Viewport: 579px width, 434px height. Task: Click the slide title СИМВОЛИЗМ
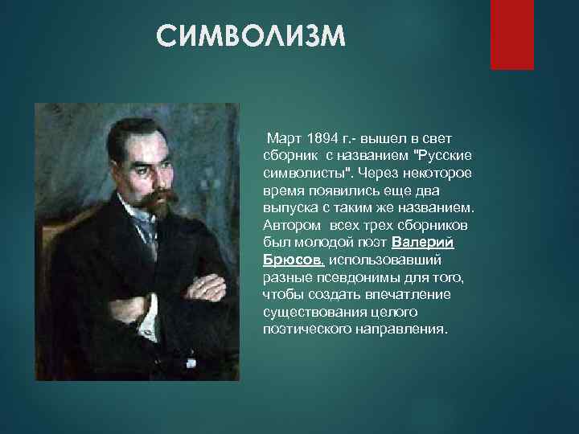pyautogui.click(x=250, y=37)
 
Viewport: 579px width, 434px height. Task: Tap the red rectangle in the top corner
pyautogui.click(x=512, y=35)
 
